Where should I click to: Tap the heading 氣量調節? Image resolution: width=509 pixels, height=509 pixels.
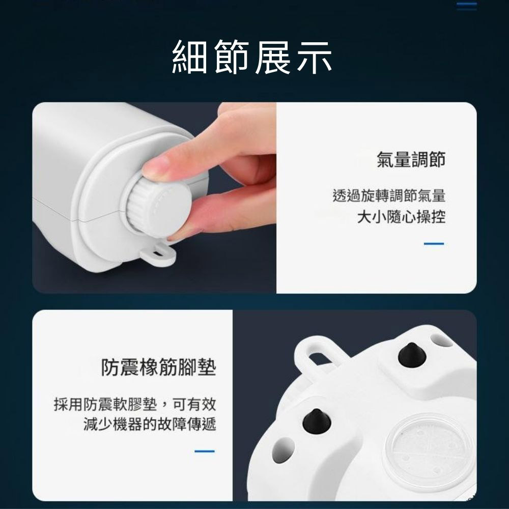[411, 159]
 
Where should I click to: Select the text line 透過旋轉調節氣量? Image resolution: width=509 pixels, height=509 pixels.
[389, 195]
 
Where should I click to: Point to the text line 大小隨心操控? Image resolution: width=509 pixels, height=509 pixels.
[401, 218]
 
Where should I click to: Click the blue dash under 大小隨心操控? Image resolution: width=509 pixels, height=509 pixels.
[434, 244]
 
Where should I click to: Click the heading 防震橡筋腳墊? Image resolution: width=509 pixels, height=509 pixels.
[158, 367]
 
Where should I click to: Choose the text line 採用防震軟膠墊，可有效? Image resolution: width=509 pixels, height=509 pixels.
[135, 405]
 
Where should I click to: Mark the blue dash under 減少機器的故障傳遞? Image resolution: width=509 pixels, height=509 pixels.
[205, 450]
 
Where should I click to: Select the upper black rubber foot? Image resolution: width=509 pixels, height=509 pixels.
[411, 354]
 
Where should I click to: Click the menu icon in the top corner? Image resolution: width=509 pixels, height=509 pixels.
[466, 6]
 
